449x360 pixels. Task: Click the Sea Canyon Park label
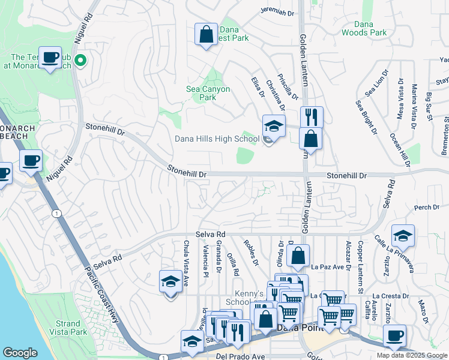(208, 93)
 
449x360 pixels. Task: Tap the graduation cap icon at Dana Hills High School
(273, 127)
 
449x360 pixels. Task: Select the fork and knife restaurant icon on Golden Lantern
(312, 117)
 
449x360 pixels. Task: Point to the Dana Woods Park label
(364, 28)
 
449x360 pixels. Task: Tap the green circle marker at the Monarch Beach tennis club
(79, 60)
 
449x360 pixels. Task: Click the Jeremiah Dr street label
(278, 10)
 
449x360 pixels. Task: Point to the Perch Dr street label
(427, 208)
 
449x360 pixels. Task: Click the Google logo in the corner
(20, 353)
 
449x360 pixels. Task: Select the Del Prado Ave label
(240, 356)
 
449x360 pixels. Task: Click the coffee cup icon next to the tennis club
(50, 58)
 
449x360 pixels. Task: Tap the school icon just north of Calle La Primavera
(403, 236)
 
